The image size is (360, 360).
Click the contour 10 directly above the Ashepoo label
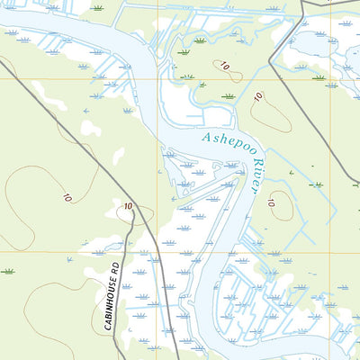point(257,97)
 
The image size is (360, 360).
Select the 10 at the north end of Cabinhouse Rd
point(128,207)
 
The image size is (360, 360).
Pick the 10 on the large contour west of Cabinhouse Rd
point(67,196)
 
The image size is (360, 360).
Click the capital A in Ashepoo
point(207,136)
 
